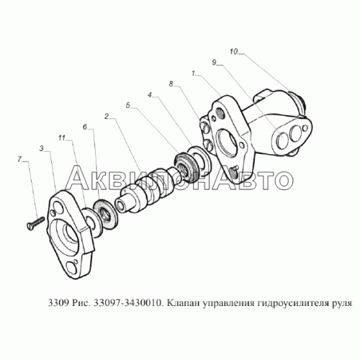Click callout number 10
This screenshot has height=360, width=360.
[233, 52]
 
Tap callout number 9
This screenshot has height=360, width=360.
[214, 63]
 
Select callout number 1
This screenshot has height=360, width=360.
[193, 73]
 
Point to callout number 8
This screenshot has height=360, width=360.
[171, 84]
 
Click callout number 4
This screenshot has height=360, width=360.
[150, 95]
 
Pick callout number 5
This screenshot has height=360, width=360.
[128, 105]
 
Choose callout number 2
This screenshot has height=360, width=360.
[107, 116]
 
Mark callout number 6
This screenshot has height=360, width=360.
[85, 127]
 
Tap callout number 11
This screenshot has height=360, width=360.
[62, 138]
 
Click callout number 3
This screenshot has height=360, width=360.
[42, 149]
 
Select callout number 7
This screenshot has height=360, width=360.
[19, 159]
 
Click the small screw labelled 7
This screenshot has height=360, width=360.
[35, 223]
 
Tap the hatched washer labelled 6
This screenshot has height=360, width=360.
[105, 213]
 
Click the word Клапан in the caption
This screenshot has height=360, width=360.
[182, 303]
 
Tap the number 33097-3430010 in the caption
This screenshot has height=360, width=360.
[127, 303]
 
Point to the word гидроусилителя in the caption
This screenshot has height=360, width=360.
[292, 304]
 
